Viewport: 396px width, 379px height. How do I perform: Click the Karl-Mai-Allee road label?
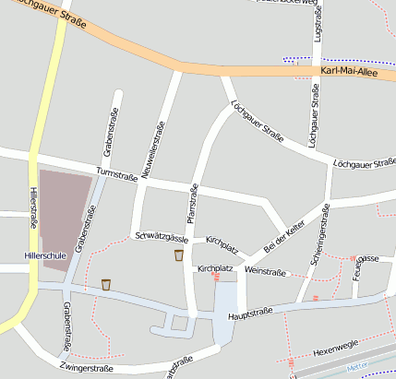350,71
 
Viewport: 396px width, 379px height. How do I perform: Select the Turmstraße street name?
115,174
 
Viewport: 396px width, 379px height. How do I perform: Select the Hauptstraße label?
246,315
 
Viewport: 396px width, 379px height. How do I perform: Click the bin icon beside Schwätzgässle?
178,255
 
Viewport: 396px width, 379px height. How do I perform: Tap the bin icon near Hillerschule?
106,284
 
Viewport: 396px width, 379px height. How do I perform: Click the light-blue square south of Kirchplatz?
225,299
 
